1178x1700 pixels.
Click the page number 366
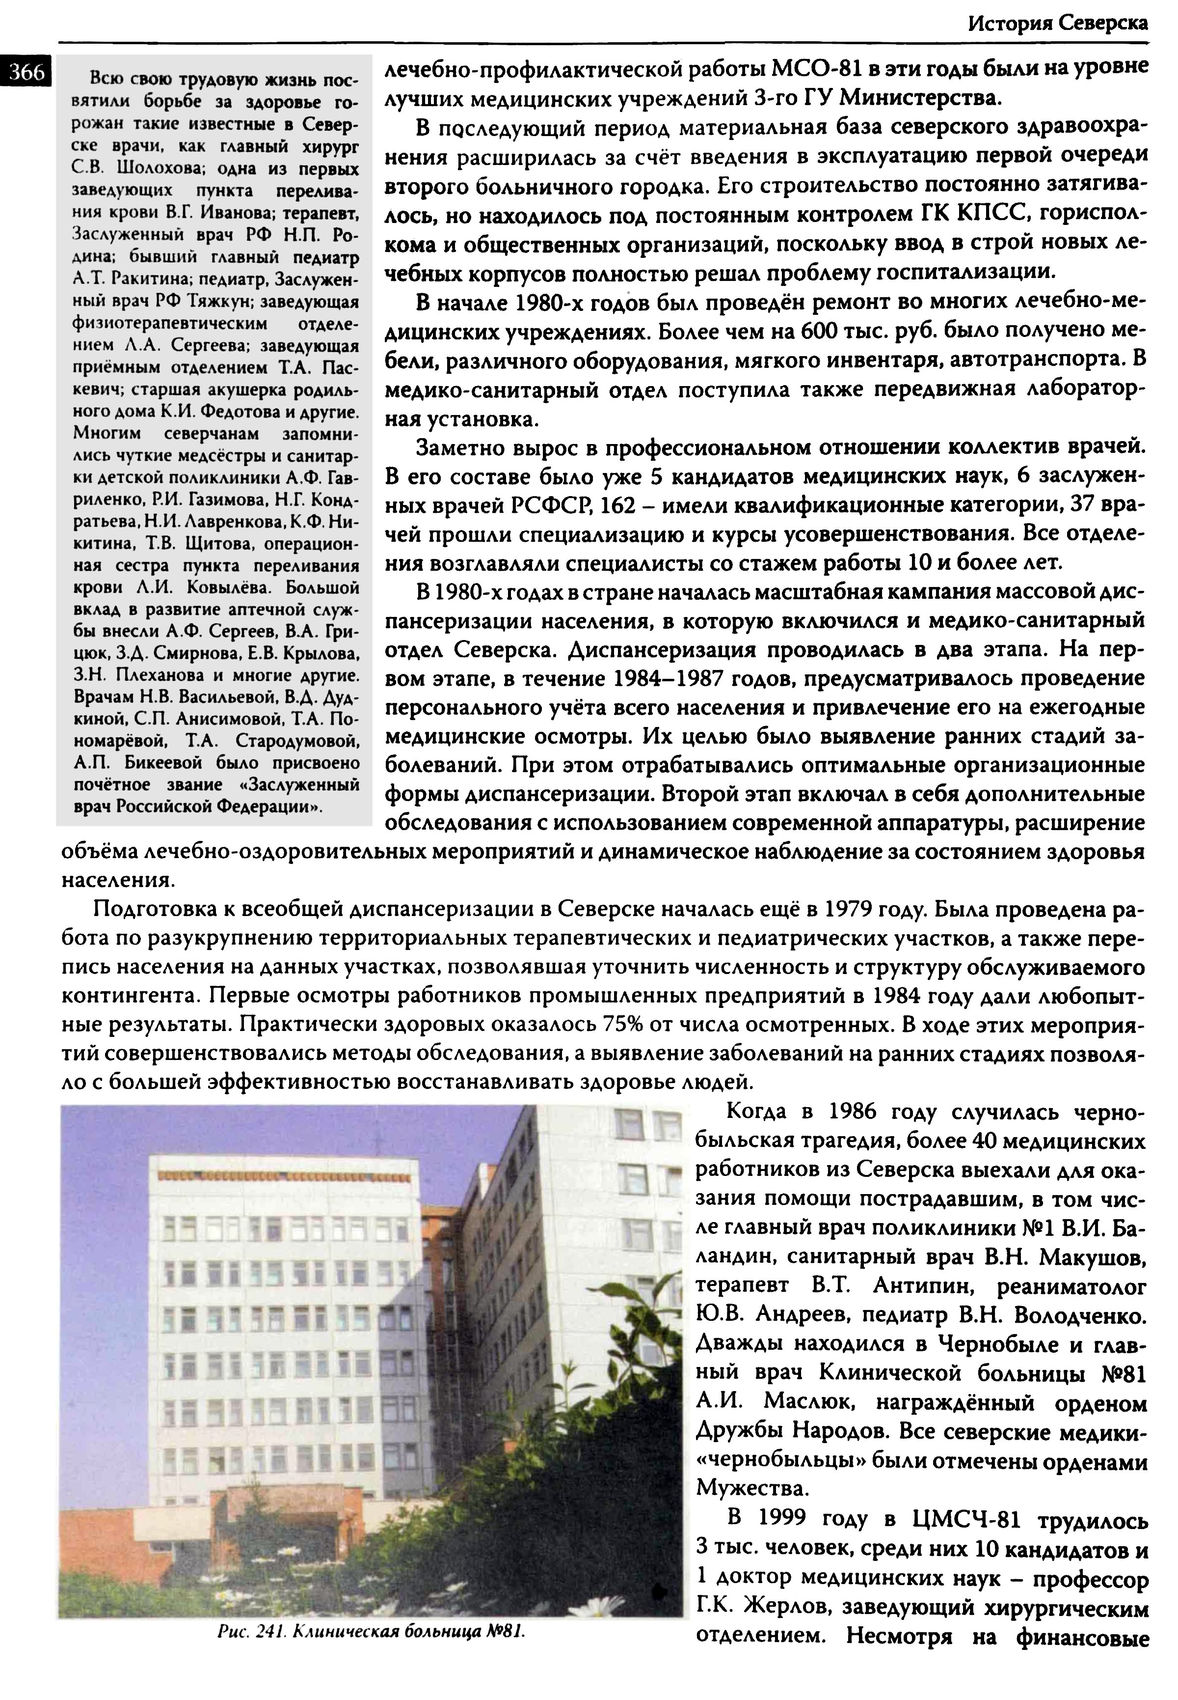point(27,72)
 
